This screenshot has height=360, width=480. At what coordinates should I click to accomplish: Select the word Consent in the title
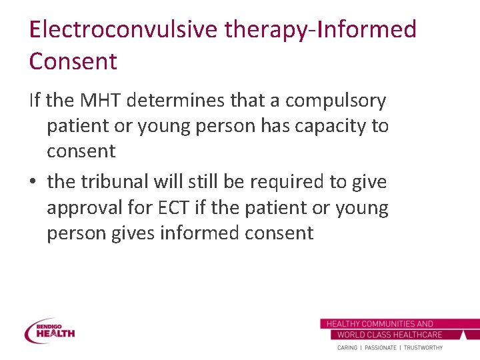pyautogui.click(x=73, y=61)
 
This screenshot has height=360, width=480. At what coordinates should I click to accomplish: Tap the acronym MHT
pyautogui.click(x=101, y=101)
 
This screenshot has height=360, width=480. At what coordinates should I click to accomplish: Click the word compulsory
pyautogui.click(x=335, y=101)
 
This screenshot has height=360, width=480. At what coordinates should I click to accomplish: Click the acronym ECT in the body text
pyautogui.click(x=173, y=207)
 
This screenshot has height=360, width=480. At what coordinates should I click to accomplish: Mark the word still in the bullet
pyautogui.click(x=203, y=182)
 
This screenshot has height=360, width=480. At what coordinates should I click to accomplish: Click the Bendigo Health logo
pyautogui.click(x=50, y=330)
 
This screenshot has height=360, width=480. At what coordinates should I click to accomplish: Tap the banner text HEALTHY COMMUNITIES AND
pyautogui.click(x=379, y=324)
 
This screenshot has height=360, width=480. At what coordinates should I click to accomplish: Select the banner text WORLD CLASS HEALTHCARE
pyautogui.click(x=389, y=335)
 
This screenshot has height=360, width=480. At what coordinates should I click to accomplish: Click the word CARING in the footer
pyautogui.click(x=347, y=347)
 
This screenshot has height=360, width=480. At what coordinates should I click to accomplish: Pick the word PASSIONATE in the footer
pyautogui.click(x=379, y=347)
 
